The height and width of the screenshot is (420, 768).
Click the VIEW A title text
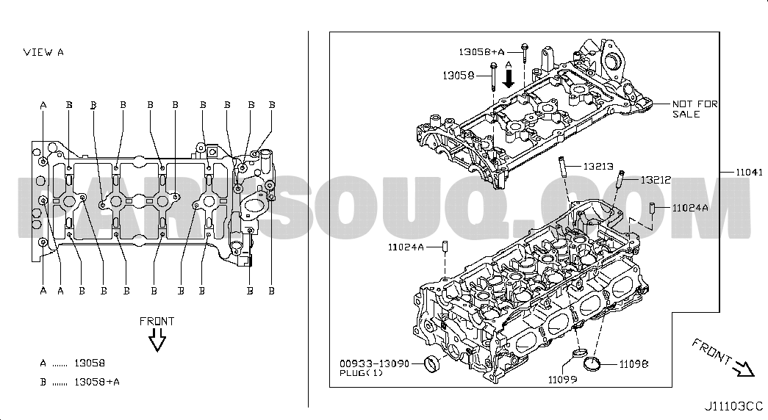pyautogui.click(x=44, y=52)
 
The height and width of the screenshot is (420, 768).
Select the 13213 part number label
pyautogui.click(x=598, y=167)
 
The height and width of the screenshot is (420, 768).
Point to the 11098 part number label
pyautogui.click(x=634, y=363)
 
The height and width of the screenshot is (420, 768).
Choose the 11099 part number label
pyautogui.click(x=562, y=380)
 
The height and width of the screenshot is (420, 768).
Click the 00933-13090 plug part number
pyautogui.click(x=375, y=363)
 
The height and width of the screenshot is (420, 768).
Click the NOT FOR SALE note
pyautogui.click(x=695, y=109)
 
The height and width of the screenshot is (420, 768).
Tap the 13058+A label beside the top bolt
pyautogui.click(x=481, y=51)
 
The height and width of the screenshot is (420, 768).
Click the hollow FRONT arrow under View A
pyautogui.click(x=157, y=340)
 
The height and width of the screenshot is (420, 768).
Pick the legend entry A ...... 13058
pyautogui.click(x=73, y=363)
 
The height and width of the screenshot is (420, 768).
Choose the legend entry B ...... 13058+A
pyautogui.click(x=81, y=383)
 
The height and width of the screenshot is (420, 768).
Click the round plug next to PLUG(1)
pyautogui.click(x=434, y=363)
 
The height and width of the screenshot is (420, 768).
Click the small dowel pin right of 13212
pyautogui.click(x=653, y=209)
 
